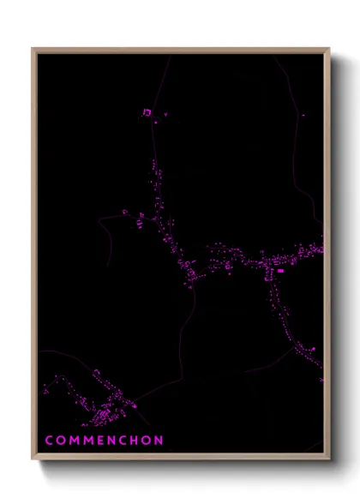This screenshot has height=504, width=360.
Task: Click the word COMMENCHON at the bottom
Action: click(x=104, y=440)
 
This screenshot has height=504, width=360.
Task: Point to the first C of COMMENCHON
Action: click(x=49, y=440)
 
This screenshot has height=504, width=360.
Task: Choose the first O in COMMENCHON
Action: click(x=61, y=440)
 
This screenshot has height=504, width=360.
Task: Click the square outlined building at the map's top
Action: click(x=147, y=112)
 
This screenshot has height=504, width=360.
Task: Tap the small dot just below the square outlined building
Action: click(x=156, y=122)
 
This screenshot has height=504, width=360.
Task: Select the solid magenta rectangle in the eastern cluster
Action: click(x=279, y=271)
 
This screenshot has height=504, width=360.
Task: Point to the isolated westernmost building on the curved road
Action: click(x=124, y=213)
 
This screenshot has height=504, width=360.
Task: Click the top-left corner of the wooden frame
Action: click(x=33, y=49)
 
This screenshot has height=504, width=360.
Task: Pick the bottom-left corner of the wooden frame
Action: click(x=33, y=459)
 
